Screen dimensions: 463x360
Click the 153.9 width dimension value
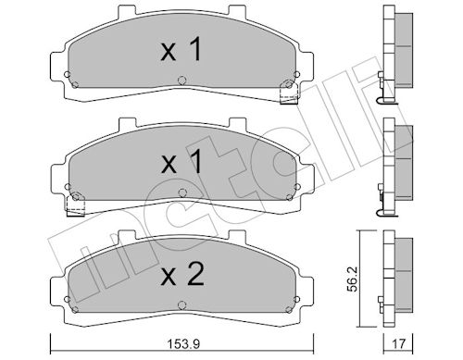point(183,343)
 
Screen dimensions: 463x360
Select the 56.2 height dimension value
point(353,279)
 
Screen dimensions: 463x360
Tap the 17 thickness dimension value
point(397,343)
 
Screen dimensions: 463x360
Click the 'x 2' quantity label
point(182,273)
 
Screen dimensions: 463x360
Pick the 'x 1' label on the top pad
point(181,49)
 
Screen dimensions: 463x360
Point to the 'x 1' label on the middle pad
point(181,161)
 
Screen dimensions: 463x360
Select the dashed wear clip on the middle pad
point(76,205)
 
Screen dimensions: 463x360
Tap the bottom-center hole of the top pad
point(182,81)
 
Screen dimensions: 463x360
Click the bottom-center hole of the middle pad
point(182,193)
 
